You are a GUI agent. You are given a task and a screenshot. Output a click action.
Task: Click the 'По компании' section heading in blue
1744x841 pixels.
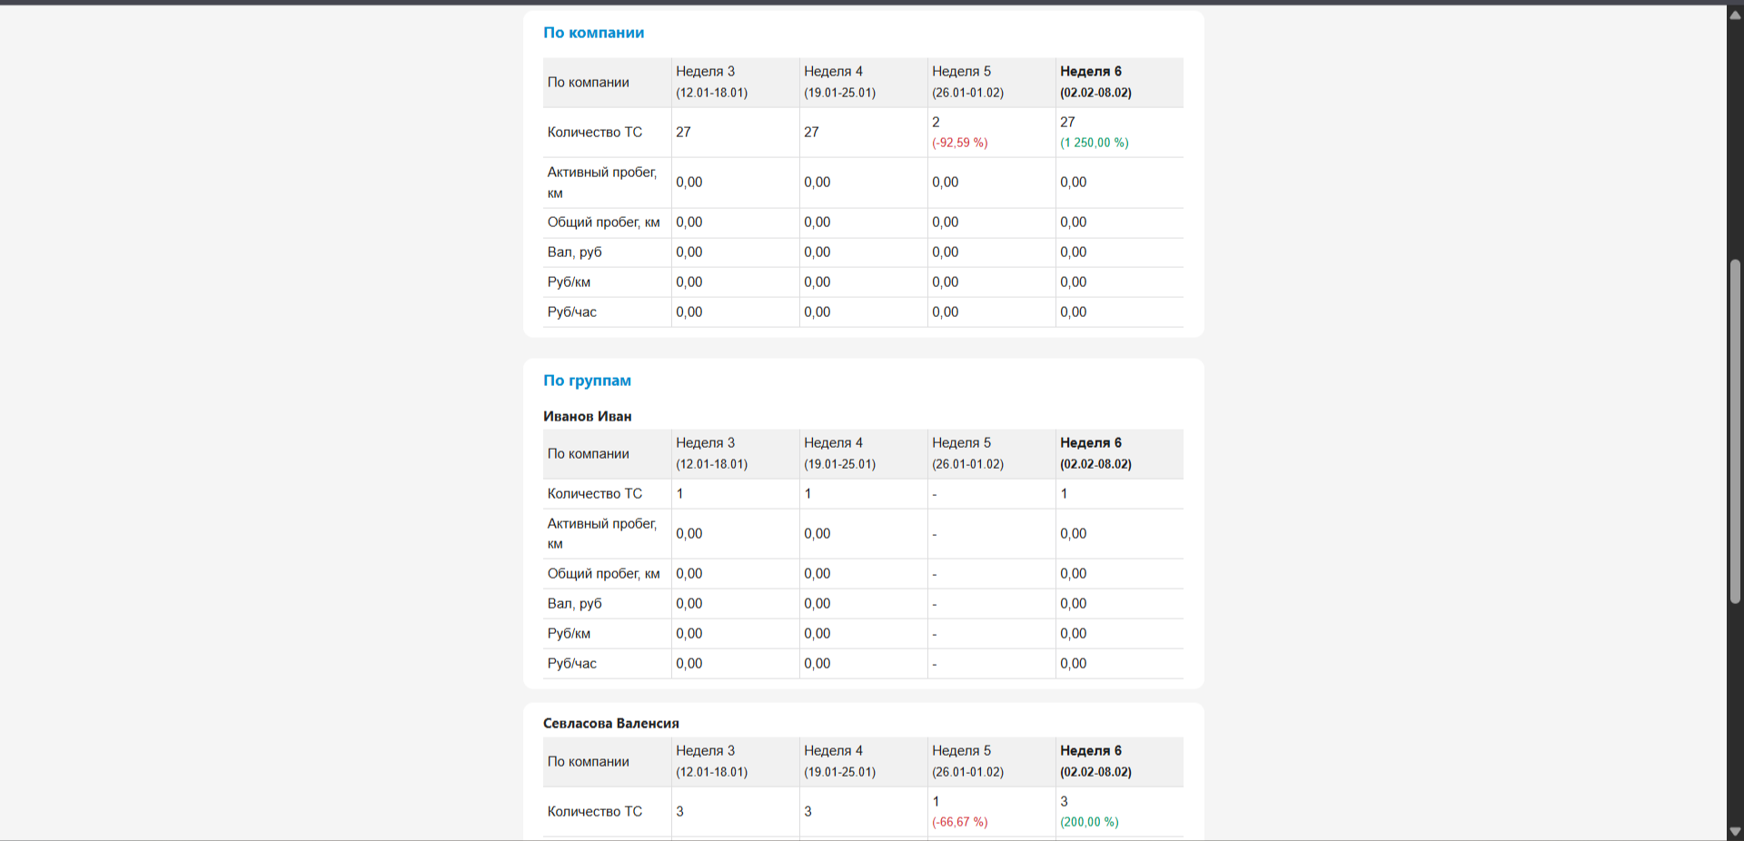[593, 33]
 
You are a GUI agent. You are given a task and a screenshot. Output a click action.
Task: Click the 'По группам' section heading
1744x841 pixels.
[587, 381]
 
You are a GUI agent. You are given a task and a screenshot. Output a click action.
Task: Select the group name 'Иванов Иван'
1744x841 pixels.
[587, 416]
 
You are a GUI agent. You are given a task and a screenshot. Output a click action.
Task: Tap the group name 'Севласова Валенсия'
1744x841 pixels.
[610, 723]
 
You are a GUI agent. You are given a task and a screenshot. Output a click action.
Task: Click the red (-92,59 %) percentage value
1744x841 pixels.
[959, 143]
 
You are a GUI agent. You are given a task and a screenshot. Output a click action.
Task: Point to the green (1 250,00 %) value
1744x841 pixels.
[1094, 143]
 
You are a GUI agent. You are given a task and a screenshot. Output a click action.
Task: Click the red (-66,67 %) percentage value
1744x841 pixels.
[959, 822]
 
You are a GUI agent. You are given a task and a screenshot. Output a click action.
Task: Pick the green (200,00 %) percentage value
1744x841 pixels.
[1089, 822]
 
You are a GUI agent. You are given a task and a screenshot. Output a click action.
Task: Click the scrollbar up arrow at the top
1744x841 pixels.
[1735, 15]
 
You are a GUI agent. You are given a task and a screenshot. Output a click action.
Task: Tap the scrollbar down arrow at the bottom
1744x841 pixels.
[1735, 831]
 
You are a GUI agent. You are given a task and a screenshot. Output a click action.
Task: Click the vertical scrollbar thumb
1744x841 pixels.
[1735, 431]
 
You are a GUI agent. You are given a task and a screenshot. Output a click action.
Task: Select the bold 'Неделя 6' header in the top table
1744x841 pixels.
[1091, 71]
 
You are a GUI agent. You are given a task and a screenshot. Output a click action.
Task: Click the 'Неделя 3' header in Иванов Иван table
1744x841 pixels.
[705, 442]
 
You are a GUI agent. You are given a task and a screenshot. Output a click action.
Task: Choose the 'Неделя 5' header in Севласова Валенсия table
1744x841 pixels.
[961, 750]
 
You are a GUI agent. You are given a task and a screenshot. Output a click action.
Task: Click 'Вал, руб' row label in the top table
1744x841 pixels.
[574, 252]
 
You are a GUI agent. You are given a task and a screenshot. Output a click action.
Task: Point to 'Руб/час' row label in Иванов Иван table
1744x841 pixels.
[571, 664]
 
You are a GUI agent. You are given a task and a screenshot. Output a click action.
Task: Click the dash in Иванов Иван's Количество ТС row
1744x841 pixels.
[935, 495]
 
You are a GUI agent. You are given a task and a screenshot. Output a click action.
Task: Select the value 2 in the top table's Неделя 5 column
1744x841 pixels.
[936, 122]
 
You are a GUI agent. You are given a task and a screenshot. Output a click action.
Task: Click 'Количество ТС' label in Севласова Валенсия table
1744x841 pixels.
[594, 811]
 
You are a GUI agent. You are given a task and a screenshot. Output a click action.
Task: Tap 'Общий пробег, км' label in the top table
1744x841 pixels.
[603, 223]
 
